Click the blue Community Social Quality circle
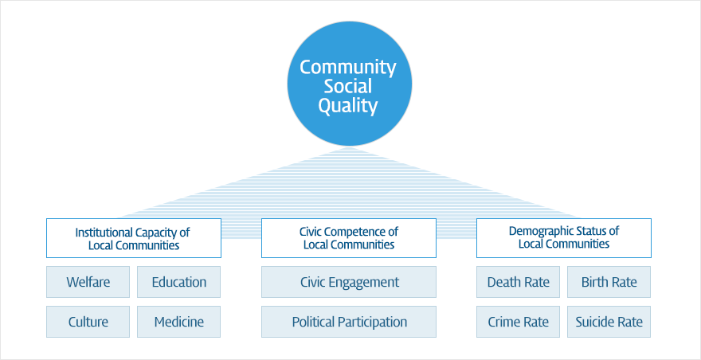point(349,84)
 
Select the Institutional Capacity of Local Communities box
point(134,238)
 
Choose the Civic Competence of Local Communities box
point(349,238)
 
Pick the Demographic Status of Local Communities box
point(564,238)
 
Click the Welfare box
point(88,282)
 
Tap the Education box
point(178,282)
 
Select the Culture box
point(88,322)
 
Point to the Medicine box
point(178,322)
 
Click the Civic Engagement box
point(349,282)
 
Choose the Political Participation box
point(349,322)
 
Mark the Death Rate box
point(518,282)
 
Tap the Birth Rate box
point(609,282)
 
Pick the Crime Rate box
point(518,322)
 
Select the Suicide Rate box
point(609,322)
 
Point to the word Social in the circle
point(348,87)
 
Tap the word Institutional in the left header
point(104,233)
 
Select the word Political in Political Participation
point(313,322)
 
